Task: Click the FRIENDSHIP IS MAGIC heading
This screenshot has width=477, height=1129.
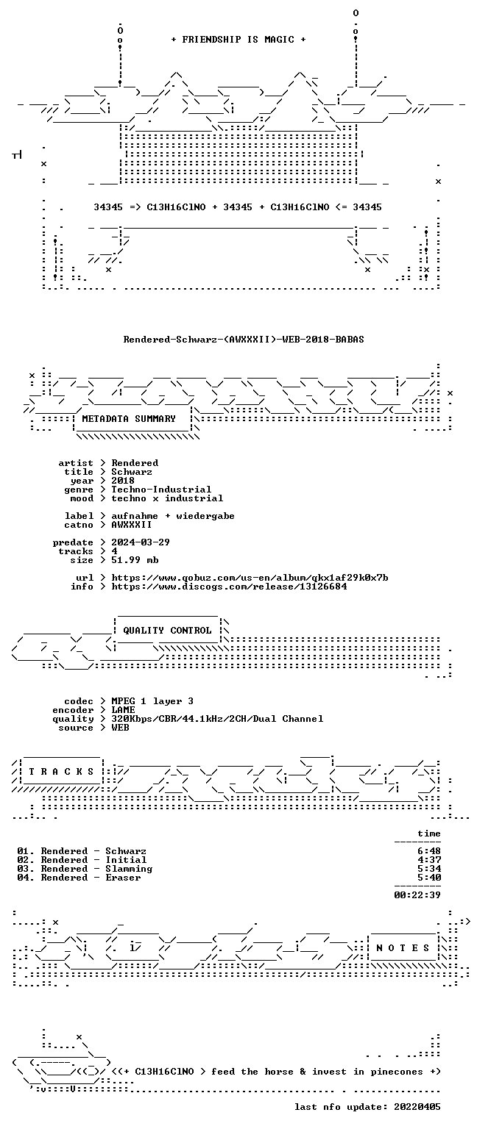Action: (239, 39)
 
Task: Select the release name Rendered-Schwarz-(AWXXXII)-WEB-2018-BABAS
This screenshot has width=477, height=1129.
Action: (244, 339)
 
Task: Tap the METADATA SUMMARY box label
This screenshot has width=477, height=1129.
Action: (129, 419)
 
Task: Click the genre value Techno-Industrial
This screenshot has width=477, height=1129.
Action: (161, 490)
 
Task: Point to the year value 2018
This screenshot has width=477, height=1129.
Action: (123, 481)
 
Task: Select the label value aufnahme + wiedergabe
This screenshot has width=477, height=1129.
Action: (173, 516)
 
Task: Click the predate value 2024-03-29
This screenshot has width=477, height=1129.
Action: (141, 542)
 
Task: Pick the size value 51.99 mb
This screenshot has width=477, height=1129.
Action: (135, 560)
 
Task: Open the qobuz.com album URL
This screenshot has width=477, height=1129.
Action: (250, 578)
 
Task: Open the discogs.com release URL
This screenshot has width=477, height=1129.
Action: (229, 587)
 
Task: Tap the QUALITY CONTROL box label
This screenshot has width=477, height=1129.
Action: (168, 631)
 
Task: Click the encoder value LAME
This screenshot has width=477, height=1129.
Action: (123, 710)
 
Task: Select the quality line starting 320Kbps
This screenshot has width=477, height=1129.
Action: (218, 719)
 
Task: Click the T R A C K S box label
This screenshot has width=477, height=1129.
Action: (61, 772)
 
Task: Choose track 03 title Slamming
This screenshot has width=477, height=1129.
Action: (129, 869)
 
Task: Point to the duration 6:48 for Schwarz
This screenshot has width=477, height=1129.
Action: (429, 851)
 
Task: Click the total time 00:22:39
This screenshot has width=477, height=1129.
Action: (417, 895)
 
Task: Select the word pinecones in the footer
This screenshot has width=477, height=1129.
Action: (396, 1072)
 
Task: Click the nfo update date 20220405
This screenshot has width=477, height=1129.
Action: (417, 1107)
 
